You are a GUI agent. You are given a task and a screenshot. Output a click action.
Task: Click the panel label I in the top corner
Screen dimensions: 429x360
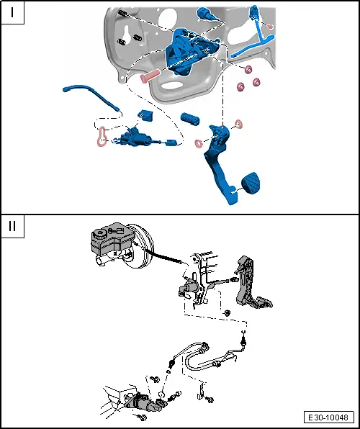click(13, 14)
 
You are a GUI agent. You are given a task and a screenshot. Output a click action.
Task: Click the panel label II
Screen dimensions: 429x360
click(13, 226)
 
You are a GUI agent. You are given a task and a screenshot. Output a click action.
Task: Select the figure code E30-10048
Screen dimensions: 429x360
click(329, 417)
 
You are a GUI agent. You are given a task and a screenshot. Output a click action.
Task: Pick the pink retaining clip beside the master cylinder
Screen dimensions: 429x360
click(101, 136)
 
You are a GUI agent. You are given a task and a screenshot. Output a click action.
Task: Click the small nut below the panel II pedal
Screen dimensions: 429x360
click(227, 312)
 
